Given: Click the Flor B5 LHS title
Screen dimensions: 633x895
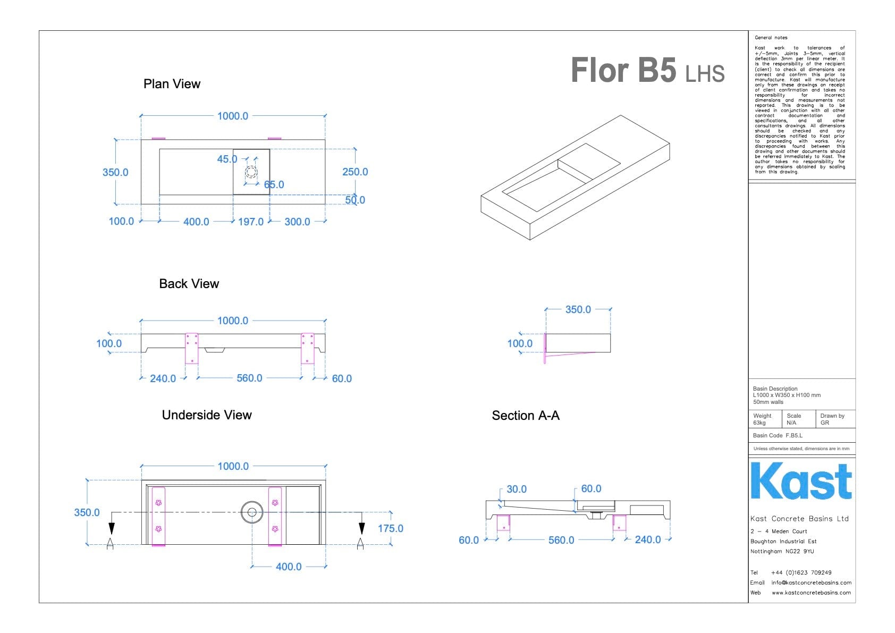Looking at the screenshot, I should (647, 71).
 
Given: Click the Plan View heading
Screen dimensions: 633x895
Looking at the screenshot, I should (172, 84).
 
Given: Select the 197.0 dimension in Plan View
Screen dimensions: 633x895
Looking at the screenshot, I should (250, 222).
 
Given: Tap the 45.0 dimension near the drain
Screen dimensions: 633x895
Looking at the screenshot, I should (227, 159).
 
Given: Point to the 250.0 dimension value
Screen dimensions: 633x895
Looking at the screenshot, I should (355, 172).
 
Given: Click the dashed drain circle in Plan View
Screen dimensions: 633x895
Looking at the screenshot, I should (251, 172).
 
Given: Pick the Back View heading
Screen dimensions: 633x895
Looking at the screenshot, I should (189, 284).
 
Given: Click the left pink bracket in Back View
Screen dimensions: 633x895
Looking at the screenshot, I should (191, 348).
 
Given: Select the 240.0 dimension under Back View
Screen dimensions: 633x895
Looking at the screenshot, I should (163, 378).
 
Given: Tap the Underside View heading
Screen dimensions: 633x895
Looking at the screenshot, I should (207, 415).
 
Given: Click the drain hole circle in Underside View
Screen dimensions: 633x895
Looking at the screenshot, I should (251, 513).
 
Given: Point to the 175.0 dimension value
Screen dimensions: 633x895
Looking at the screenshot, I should (390, 528).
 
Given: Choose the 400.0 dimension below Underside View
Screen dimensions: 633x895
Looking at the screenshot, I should (289, 567).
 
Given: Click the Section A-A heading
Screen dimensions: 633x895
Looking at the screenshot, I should (526, 416).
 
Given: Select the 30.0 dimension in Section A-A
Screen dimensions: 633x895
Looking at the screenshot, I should (516, 489).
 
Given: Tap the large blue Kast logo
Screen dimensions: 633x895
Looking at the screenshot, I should (801, 482).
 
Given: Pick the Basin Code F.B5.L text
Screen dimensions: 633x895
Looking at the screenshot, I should (778, 435).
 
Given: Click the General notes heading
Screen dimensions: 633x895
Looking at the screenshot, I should (771, 38).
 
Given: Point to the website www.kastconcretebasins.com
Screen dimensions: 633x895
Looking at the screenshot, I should (811, 593).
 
